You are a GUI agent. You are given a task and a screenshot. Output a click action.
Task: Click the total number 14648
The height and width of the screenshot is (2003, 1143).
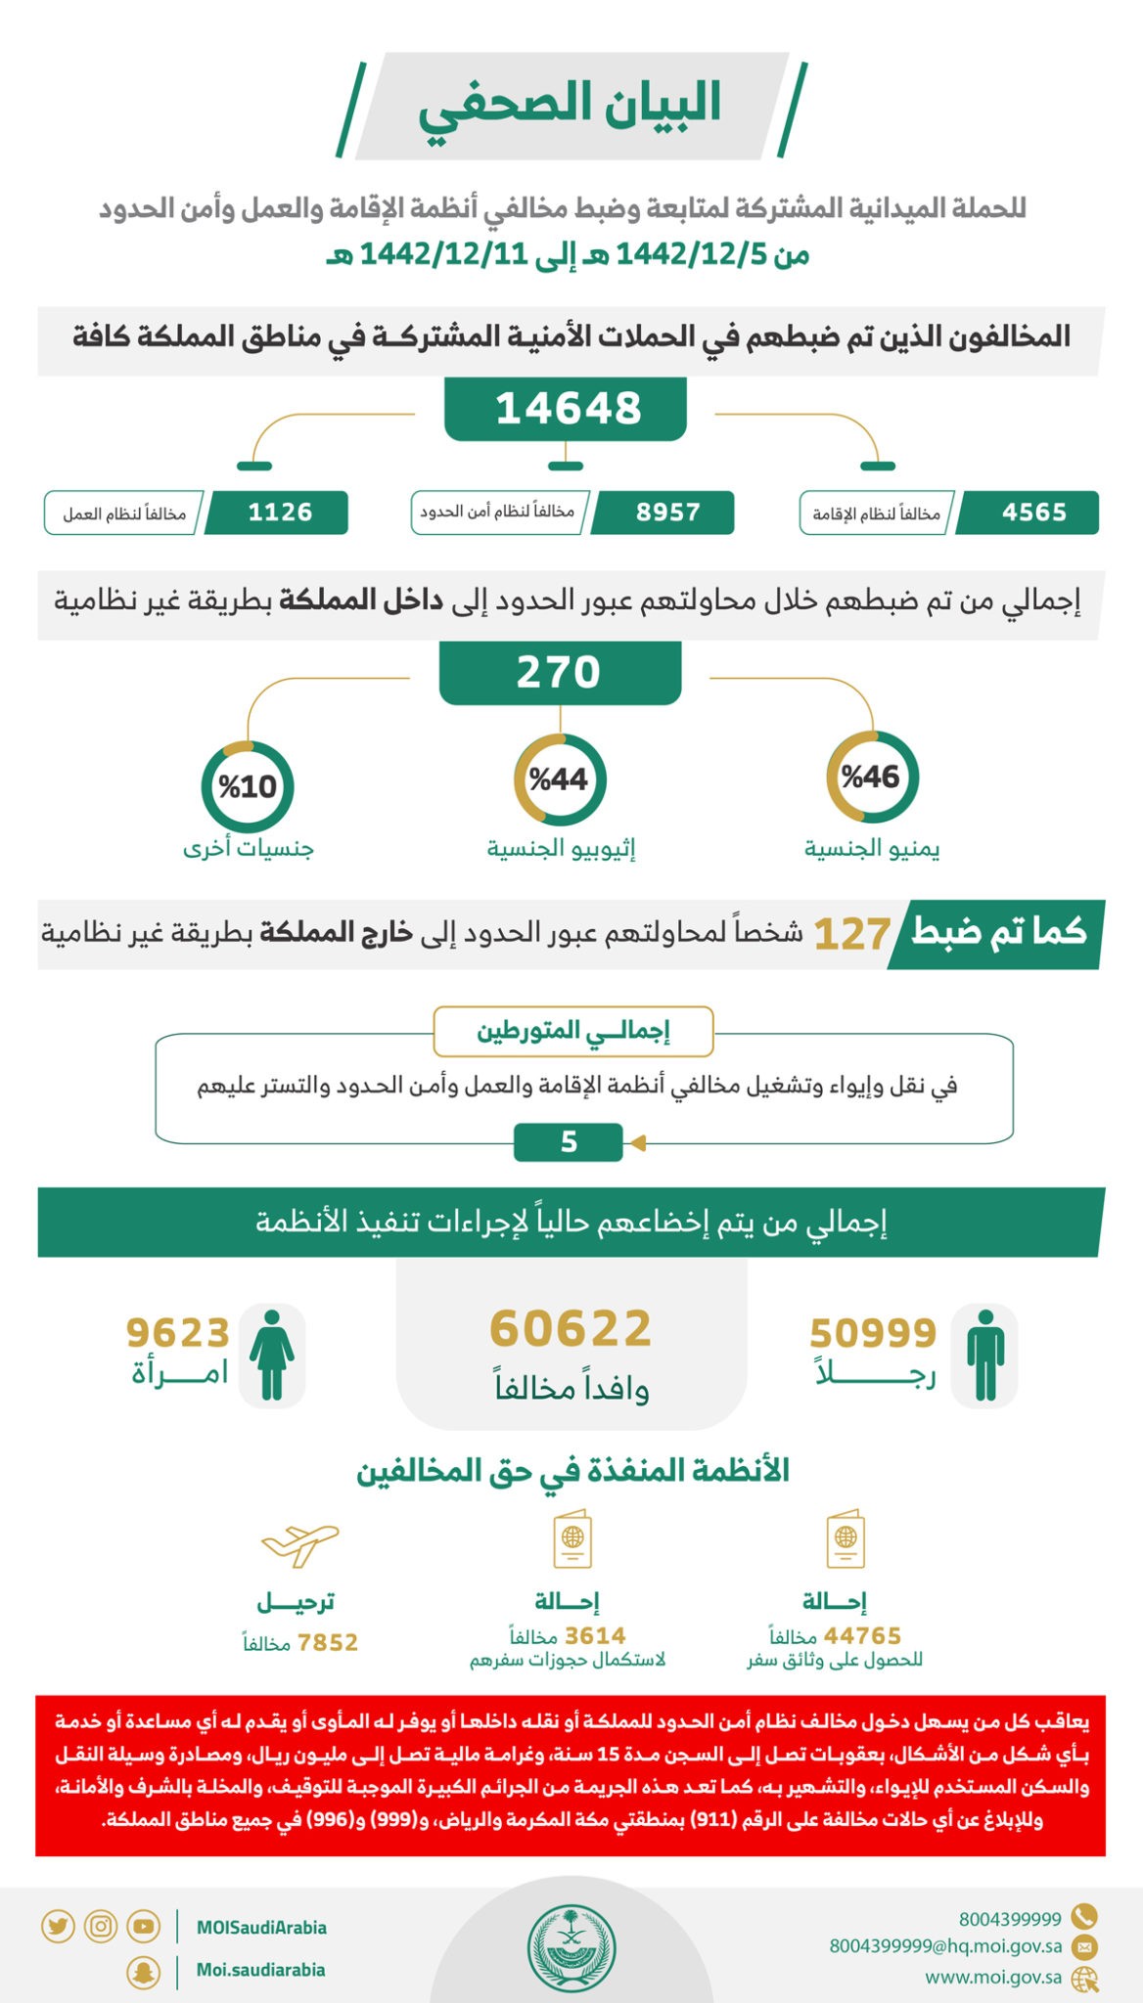[x=567, y=409]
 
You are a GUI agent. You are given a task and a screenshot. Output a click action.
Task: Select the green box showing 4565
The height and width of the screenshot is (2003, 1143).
[x=1032, y=512]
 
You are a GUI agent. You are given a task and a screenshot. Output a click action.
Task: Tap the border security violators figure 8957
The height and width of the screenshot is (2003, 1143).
[x=667, y=512]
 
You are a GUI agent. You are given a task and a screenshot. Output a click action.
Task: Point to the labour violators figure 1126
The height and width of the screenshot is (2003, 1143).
[x=280, y=512]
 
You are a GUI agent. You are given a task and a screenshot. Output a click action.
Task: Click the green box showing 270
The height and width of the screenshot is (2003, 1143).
[x=559, y=673]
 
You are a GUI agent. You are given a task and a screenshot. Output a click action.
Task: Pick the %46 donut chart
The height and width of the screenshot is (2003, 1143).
[x=871, y=778]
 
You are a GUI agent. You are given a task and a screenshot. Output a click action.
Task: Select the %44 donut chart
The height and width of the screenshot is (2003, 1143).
[x=559, y=779]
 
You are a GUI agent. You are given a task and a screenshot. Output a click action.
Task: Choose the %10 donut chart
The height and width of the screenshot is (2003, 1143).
[x=247, y=786]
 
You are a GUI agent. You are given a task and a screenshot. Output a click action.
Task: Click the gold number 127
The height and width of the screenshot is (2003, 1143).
[x=851, y=935]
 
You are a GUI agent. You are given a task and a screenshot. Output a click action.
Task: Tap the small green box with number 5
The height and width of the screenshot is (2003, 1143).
[x=569, y=1141]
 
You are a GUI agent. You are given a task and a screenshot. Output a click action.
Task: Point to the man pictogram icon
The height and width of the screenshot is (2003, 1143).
[x=984, y=1355]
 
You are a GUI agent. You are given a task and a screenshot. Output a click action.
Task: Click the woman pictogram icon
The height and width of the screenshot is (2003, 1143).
[x=271, y=1355]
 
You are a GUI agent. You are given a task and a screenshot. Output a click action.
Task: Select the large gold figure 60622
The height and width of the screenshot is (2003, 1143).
[x=571, y=1329]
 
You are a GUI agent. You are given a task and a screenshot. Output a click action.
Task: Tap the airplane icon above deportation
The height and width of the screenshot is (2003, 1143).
[x=299, y=1544]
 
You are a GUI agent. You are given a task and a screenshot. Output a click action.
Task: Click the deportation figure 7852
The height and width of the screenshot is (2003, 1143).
[x=327, y=1642]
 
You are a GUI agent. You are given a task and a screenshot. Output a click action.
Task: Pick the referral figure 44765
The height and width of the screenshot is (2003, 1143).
[x=862, y=1635]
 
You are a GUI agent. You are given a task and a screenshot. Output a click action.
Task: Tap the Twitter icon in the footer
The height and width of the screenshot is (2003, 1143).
[x=58, y=1927]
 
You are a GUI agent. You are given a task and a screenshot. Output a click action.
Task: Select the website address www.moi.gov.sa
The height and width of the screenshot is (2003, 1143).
[x=993, y=1977]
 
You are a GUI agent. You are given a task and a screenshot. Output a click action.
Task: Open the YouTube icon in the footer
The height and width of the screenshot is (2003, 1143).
[x=143, y=1927]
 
